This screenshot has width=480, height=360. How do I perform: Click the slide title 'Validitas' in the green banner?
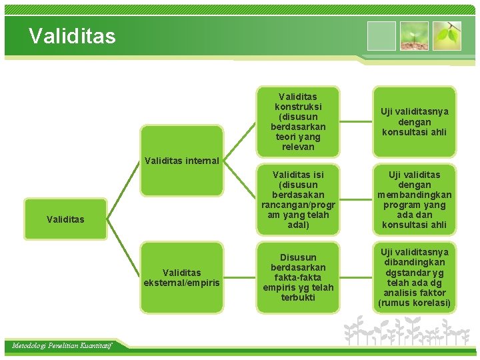point(72,35)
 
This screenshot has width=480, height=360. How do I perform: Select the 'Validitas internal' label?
point(181,160)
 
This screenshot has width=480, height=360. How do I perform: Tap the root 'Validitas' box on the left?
point(65,219)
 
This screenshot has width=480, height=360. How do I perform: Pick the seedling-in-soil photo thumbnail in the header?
point(414,36)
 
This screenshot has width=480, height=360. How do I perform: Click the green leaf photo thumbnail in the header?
point(447,36)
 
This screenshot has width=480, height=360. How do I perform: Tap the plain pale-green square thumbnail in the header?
point(381,36)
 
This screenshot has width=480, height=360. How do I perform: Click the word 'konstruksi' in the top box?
point(298,107)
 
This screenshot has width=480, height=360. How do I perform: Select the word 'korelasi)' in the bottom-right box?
point(432,303)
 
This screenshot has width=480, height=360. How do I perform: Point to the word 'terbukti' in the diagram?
point(298,297)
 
